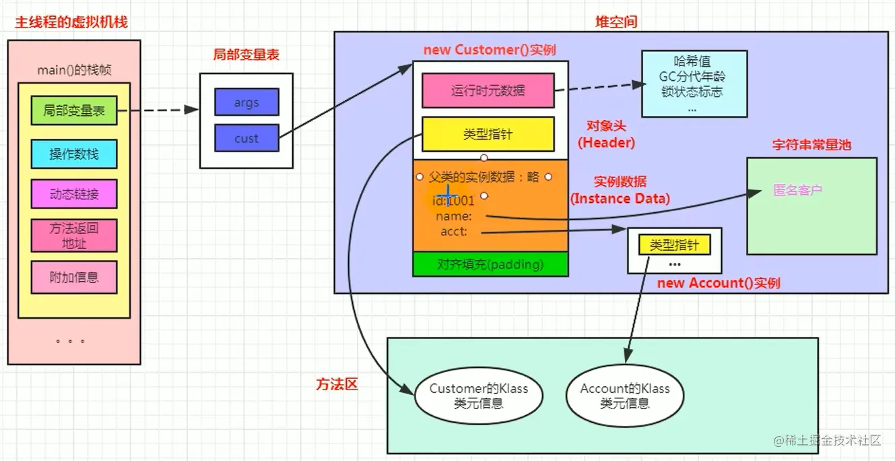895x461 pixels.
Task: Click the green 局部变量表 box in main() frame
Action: [x=73, y=111]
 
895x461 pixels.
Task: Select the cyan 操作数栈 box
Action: [x=73, y=154]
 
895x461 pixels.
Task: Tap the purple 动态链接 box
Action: [x=73, y=194]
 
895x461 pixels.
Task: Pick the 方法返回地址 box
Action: [x=73, y=235]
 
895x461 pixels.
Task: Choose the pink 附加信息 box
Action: [x=73, y=276]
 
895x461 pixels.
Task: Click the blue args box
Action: [x=246, y=102]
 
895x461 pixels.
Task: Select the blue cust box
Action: [x=246, y=138]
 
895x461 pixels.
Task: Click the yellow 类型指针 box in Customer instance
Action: [x=488, y=134]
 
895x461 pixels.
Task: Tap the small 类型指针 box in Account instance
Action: [x=674, y=245]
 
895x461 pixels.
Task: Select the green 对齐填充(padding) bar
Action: [x=490, y=264]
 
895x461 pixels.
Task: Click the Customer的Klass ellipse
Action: [x=478, y=396]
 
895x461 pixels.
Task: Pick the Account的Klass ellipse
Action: [x=624, y=396]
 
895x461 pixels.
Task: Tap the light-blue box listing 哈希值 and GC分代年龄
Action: [x=694, y=84]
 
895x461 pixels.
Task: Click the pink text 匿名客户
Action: [x=798, y=190]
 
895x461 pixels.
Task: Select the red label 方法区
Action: [x=337, y=384]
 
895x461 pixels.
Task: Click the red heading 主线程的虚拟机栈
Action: [x=71, y=22]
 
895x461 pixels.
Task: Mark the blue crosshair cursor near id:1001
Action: [x=447, y=195]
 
